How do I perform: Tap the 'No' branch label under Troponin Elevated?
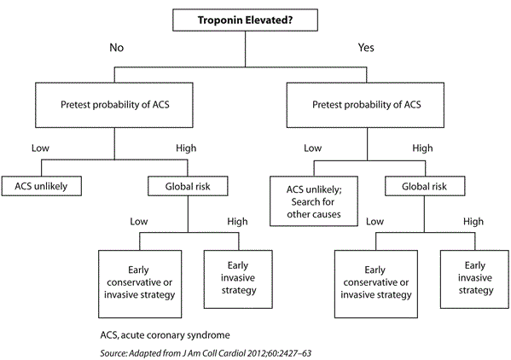coord(116,49)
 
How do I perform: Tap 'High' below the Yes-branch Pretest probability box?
coord(423,147)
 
